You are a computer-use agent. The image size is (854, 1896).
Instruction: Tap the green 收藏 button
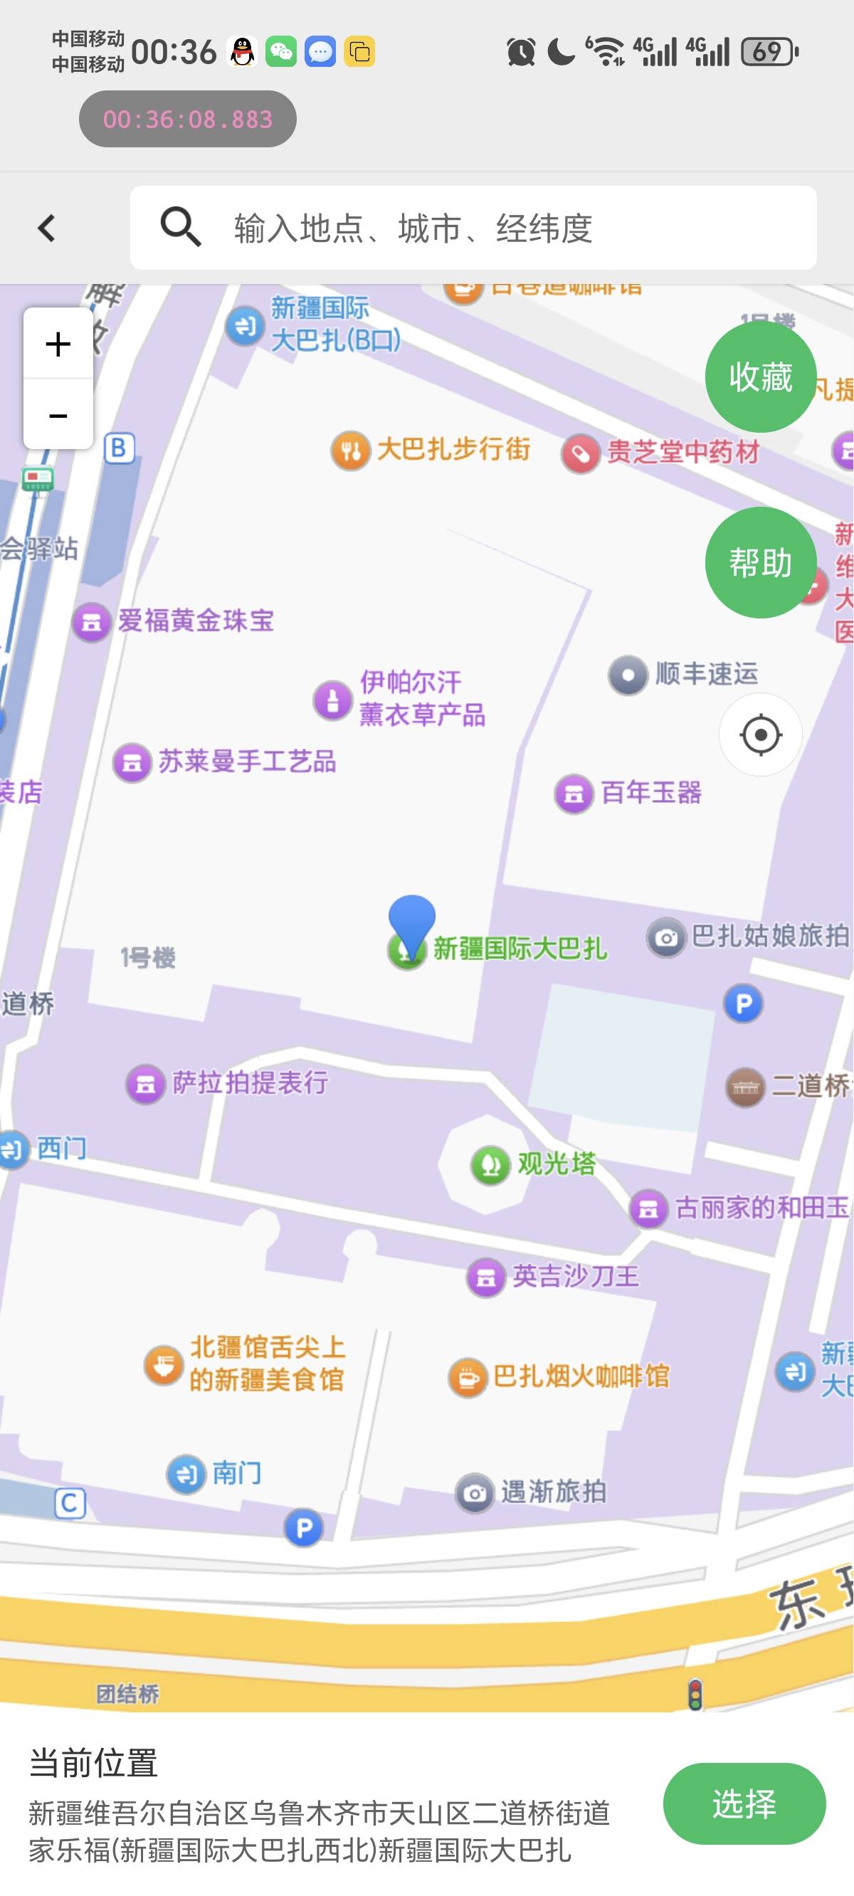point(761,376)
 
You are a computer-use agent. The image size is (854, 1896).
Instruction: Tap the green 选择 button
point(744,1803)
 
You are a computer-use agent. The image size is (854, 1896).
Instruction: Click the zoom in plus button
point(58,344)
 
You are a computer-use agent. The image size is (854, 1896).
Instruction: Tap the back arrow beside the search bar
point(46,228)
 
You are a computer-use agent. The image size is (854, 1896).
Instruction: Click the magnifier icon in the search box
point(180,227)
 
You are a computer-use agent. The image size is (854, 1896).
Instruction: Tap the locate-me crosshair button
point(761,734)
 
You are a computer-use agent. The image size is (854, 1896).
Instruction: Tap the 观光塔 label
point(556,1164)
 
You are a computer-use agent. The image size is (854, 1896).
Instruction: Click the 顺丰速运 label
point(706,673)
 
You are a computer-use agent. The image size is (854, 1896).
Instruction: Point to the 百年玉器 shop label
point(650,793)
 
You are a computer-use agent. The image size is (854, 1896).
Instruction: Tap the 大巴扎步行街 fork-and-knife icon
point(350,451)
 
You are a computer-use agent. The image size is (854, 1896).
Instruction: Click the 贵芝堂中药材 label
point(682,452)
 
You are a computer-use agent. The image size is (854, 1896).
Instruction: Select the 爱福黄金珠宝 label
point(196,621)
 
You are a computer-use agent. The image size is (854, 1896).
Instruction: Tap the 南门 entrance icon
point(186,1474)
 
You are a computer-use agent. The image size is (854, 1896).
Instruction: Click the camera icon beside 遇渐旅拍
point(475,1492)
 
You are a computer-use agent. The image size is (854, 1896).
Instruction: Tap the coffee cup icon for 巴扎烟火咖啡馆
point(468,1377)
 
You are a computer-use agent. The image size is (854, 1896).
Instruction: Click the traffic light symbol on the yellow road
point(695,1695)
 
